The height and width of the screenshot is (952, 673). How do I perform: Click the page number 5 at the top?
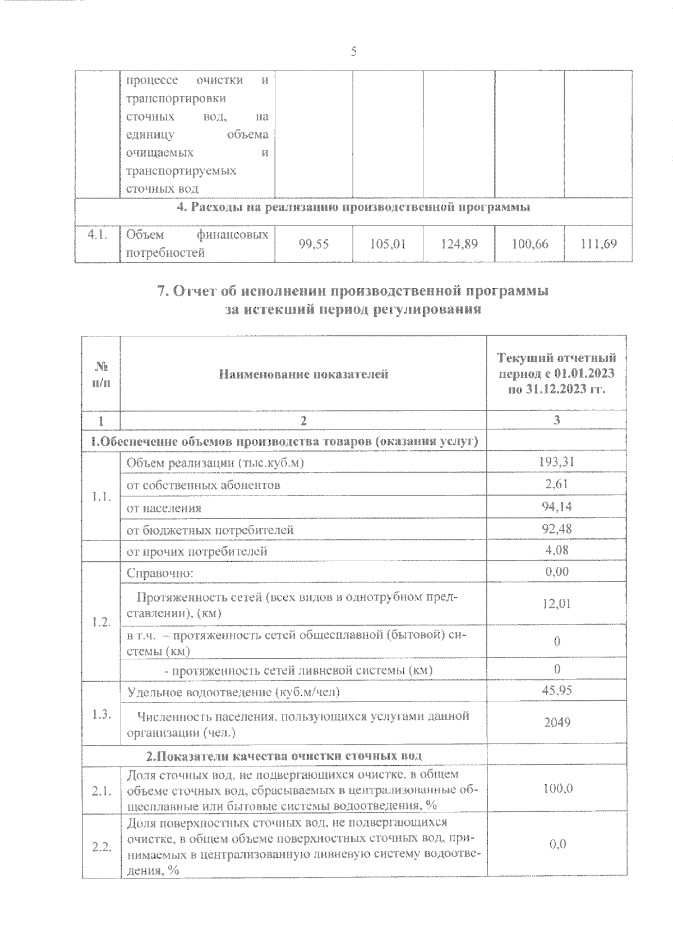[x=353, y=52]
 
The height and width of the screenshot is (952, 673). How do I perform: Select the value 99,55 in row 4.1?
[x=314, y=244]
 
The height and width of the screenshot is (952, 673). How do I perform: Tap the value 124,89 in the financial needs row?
[x=459, y=244]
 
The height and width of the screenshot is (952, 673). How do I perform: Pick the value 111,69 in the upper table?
[x=598, y=244]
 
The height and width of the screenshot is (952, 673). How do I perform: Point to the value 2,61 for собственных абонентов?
[x=556, y=484]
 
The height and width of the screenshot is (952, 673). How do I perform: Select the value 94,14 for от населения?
[x=556, y=507]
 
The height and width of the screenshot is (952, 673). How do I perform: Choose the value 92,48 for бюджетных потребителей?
[x=556, y=529]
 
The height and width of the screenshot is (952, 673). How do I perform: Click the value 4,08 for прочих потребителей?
[x=556, y=551]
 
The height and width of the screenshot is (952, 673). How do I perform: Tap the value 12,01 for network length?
[x=556, y=604]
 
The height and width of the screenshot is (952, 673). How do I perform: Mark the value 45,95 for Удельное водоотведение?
[x=556, y=691]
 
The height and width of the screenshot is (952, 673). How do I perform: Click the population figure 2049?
[x=556, y=723]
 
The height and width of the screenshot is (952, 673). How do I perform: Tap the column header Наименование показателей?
[x=303, y=374]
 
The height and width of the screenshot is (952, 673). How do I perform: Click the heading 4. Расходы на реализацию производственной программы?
[x=353, y=207]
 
